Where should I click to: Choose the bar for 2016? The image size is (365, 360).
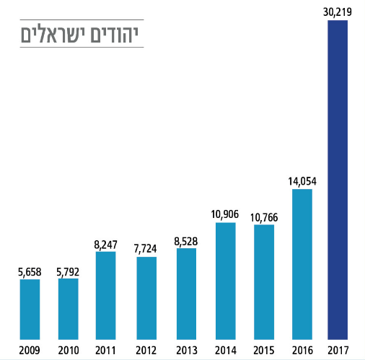[x=302, y=263]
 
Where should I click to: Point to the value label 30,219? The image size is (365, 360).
[x=338, y=12]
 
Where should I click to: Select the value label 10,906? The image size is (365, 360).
[x=225, y=214]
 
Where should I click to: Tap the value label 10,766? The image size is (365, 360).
[x=264, y=216]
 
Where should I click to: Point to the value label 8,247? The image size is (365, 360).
[x=106, y=243]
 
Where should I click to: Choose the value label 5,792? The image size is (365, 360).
[x=69, y=271]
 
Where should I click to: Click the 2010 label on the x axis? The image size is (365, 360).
[x=69, y=350]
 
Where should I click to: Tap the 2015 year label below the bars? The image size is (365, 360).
[x=264, y=350]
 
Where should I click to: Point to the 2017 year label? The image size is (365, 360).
[x=338, y=350]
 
